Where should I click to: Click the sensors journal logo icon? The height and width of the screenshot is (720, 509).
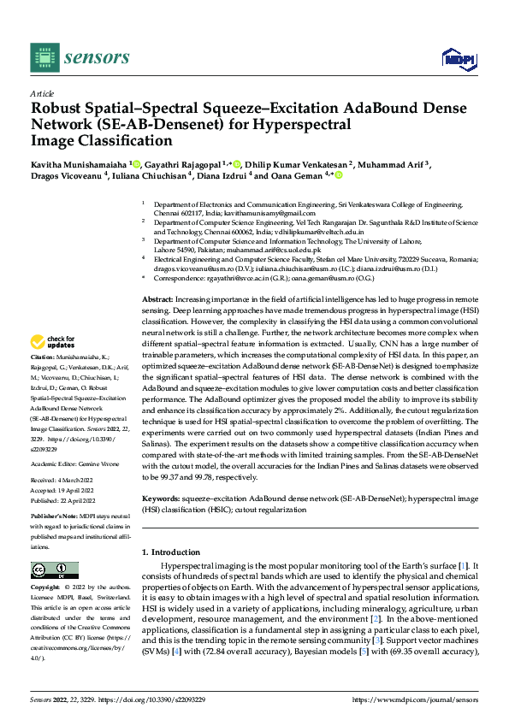pyautogui.click(x=44, y=56)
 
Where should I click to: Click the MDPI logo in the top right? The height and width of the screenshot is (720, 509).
pyautogui.click(x=457, y=57)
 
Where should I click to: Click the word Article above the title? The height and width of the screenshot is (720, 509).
pyautogui.click(x=42, y=93)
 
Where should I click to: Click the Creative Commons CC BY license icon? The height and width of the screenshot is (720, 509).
pyautogui.click(x=54, y=570)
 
